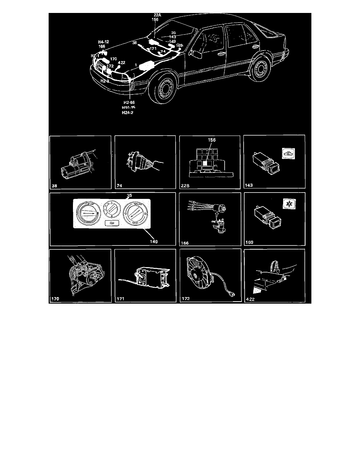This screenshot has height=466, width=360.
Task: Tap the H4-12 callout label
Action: (104, 41)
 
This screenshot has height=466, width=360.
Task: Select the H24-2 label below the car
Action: (129, 112)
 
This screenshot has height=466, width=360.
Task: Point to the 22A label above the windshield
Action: (157, 15)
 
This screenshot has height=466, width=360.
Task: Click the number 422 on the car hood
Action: (122, 63)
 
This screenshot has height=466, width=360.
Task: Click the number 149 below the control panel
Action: (153, 241)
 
